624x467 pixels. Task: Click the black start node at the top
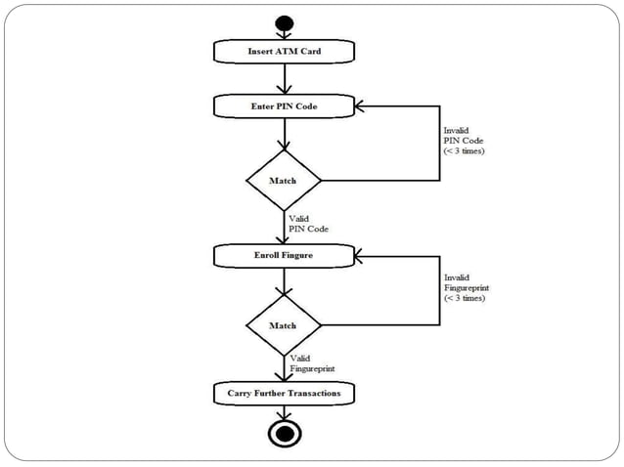[284, 22]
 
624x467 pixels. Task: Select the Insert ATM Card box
[284, 51]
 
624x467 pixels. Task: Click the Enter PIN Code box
[284, 106]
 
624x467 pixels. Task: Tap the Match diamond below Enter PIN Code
[284, 181]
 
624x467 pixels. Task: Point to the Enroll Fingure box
[284, 256]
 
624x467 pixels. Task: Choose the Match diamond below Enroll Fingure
[284, 325]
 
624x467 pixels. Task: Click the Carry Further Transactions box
[284, 393]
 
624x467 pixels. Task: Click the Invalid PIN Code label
[464, 140]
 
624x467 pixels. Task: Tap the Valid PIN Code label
[308, 224]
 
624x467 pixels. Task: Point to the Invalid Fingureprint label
[465, 287]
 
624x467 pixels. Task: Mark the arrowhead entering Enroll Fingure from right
[361, 256]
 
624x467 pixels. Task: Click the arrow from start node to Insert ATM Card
[284, 35]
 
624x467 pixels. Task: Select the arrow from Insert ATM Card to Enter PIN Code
[284, 78]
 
